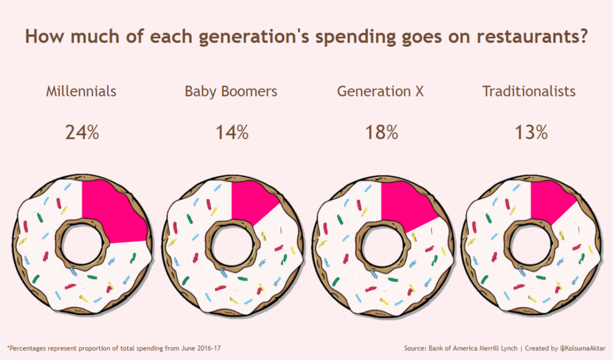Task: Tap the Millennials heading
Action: (x=81, y=92)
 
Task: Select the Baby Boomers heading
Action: (x=231, y=92)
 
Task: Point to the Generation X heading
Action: (x=380, y=92)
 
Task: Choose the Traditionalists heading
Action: (x=529, y=92)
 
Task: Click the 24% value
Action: (x=82, y=133)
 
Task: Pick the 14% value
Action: (x=231, y=133)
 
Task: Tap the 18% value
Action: (x=381, y=133)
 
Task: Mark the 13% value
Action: (x=531, y=133)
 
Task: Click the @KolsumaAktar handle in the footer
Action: (x=582, y=348)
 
